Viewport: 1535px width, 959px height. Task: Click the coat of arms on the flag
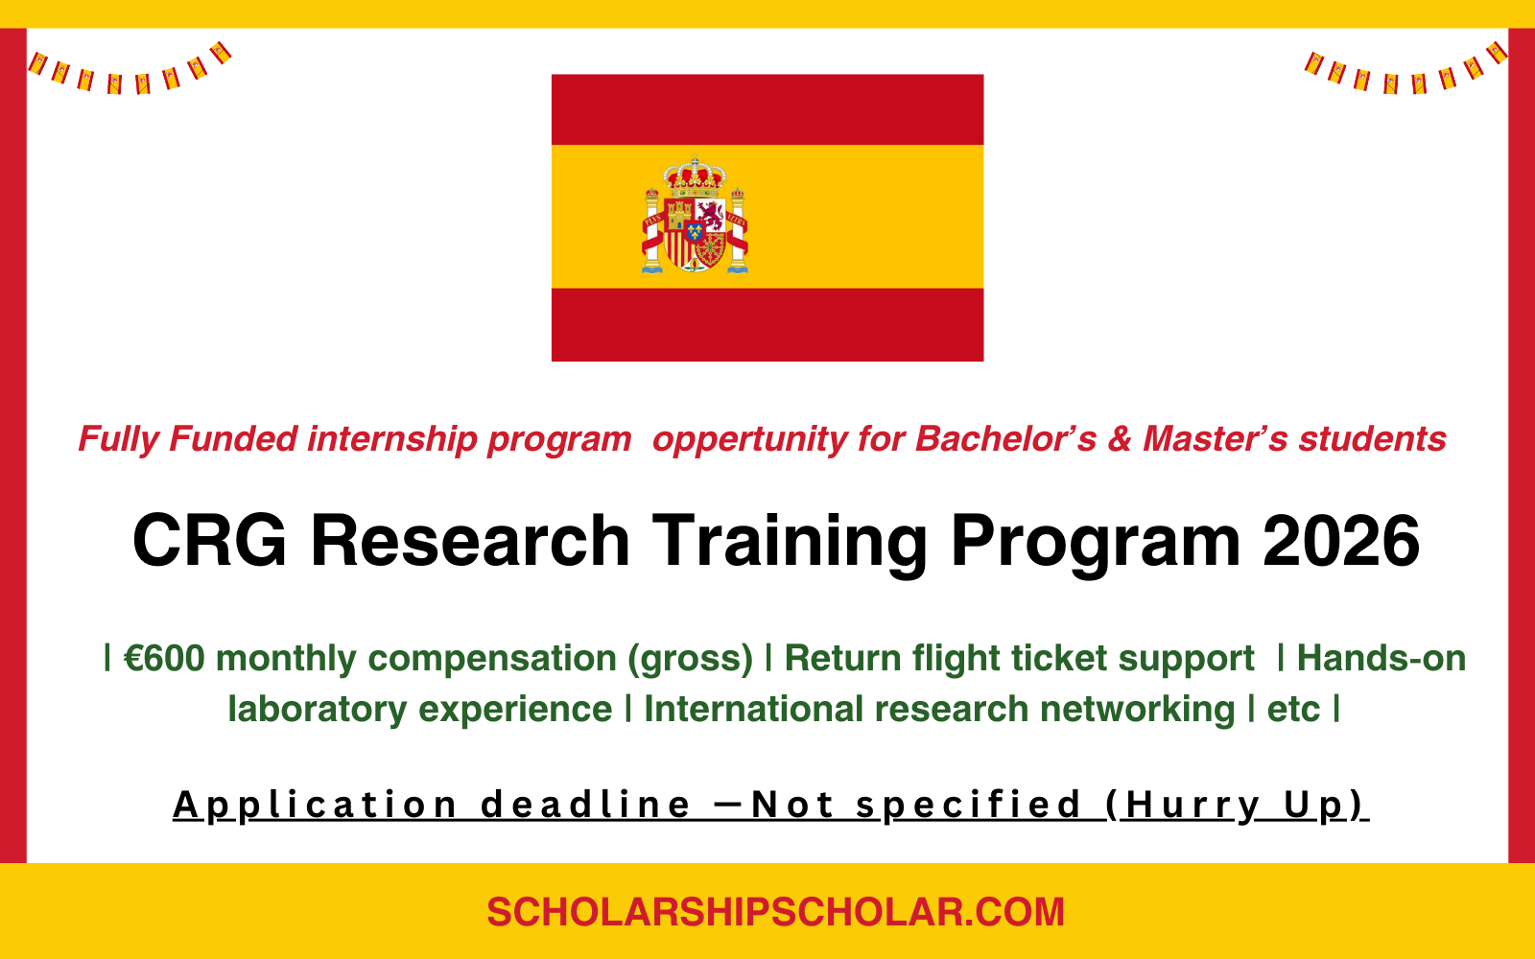click(x=695, y=219)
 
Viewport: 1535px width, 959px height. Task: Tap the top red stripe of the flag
click(x=767, y=109)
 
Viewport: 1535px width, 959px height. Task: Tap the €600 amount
click(x=164, y=659)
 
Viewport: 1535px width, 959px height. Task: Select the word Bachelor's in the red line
click(x=1005, y=439)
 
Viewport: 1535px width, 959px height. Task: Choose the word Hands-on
click(x=1381, y=659)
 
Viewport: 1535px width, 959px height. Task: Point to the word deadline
click(x=585, y=805)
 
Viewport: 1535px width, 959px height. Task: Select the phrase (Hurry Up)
click(x=1236, y=805)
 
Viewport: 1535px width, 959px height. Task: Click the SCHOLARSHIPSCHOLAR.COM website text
click(x=775, y=912)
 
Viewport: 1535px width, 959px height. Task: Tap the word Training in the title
click(x=791, y=542)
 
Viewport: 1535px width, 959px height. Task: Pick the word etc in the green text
click(x=1293, y=710)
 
